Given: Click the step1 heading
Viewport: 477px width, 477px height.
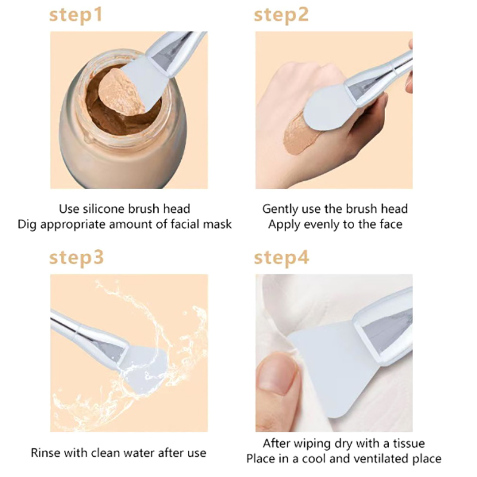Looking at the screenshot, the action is click(x=76, y=16).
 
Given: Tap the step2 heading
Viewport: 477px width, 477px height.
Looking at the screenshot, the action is click(x=281, y=16).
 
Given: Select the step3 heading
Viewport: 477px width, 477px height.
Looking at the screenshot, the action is click(x=76, y=259).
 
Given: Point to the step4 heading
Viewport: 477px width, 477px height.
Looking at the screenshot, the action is click(x=281, y=259).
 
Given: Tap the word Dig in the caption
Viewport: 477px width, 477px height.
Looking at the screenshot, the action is click(x=27, y=225).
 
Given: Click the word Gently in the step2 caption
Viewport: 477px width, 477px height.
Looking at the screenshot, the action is click(x=280, y=209).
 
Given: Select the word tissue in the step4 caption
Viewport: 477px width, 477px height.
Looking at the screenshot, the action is click(x=409, y=443).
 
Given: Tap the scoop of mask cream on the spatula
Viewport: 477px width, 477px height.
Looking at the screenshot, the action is click(x=121, y=92).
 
